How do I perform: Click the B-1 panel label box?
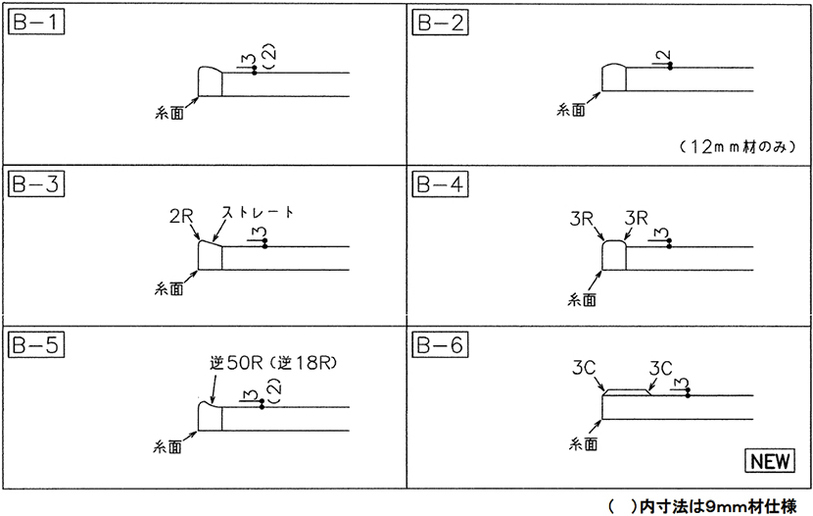tap(36, 23)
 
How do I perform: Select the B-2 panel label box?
tap(440, 23)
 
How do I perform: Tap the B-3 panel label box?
tap(36, 184)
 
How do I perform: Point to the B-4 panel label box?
tap(440, 184)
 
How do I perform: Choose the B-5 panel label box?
tap(36, 345)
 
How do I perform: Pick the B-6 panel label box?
tap(440, 345)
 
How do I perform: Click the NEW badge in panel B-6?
tap(770, 460)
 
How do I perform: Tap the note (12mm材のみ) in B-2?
tap(737, 147)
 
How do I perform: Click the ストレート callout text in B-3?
tap(258, 212)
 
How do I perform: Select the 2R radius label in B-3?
tap(181, 216)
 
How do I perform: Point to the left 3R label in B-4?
tap(581, 219)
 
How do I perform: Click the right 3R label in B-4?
tap(636, 218)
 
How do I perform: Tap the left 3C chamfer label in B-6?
tap(584, 368)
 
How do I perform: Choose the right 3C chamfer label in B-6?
tap(660, 369)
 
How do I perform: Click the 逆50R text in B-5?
tap(237, 363)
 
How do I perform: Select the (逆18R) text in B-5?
tap(304, 363)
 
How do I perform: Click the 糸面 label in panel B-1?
tap(169, 113)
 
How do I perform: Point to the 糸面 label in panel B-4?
tap(582, 299)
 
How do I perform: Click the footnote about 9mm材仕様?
tap(702, 506)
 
